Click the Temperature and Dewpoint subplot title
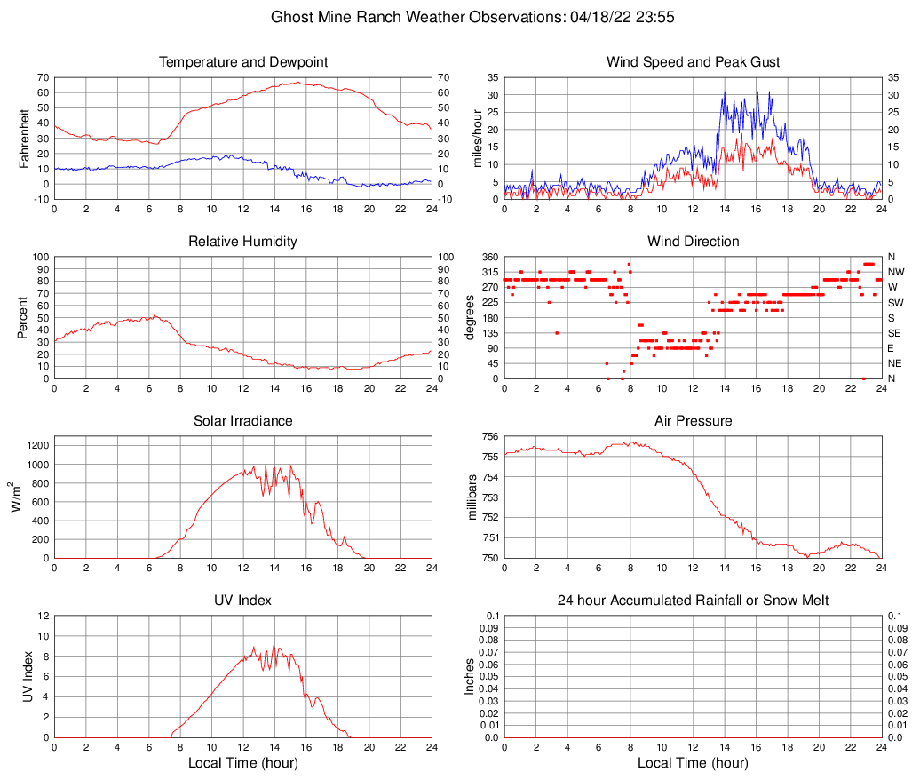[x=243, y=62]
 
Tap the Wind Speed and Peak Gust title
[x=693, y=62]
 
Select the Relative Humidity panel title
[x=243, y=242]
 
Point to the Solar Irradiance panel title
[x=243, y=421]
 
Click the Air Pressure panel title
[x=693, y=421]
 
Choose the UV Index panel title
[x=243, y=601]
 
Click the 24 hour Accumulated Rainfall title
[x=693, y=601]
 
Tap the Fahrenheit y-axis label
[x=24, y=138]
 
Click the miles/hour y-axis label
[x=476, y=138]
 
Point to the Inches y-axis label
[x=470, y=676]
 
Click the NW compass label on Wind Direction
[x=895, y=272]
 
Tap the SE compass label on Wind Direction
[x=894, y=333]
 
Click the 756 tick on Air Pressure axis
[x=489, y=436]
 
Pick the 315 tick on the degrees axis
[x=489, y=272]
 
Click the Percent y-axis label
[x=24, y=317]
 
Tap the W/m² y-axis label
[x=20, y=497]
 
